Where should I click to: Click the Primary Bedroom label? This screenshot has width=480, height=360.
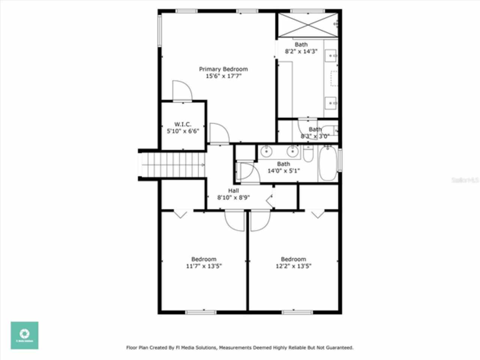[223, 69]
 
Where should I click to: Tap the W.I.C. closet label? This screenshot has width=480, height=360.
[183, 124]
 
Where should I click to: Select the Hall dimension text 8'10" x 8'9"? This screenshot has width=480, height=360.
[233, 198]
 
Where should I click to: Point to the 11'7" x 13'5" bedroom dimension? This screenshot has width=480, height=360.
[204, 266]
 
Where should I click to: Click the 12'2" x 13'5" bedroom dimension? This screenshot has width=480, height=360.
[293, 266]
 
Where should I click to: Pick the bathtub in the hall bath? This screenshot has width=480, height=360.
[328, 164]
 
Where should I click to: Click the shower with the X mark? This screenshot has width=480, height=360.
[307, 25]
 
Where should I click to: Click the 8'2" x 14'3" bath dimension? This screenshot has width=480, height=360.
[301, 51]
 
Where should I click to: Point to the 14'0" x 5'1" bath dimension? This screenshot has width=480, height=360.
[283, 171]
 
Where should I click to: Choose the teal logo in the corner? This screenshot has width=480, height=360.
[24, 335]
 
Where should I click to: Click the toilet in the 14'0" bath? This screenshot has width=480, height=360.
[308, 154]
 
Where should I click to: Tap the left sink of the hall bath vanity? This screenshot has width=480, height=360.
[266, 151]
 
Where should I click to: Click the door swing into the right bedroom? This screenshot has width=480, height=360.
[260, 221]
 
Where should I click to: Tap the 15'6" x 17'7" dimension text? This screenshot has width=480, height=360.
[223, 76]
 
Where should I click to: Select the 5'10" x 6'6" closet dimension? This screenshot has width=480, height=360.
[183, 131]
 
